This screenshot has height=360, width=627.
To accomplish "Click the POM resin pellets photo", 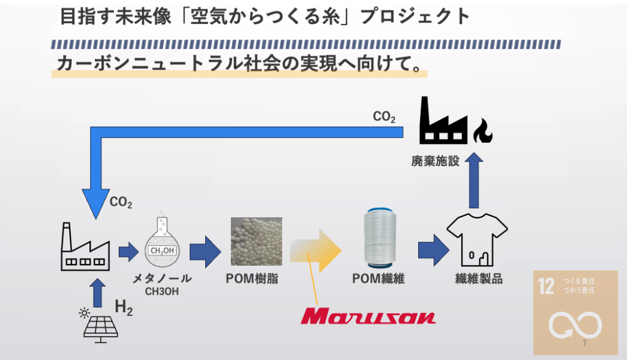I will point(256,241).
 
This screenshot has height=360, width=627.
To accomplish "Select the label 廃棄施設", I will point(435,162).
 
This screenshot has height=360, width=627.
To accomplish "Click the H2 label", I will point(124,308).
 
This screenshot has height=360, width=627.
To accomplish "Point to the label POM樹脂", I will point(252,279).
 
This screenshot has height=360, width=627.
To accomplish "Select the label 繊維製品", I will point(478,279).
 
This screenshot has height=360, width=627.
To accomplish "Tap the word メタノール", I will point(162,279).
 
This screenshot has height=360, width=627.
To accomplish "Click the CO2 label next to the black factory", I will point(384,116).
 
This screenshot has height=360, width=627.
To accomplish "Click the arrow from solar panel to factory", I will point(97,293).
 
